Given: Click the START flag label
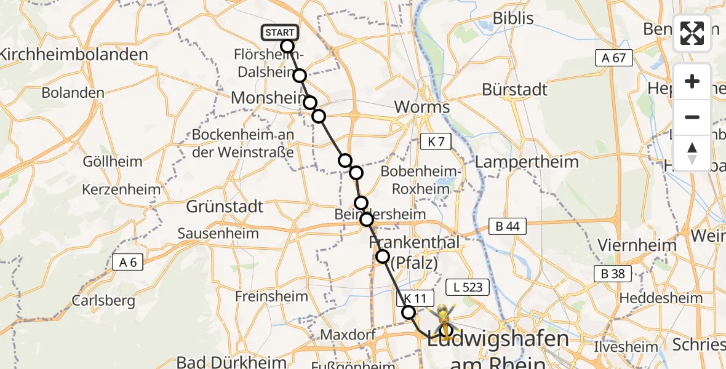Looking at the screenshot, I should point(281,33).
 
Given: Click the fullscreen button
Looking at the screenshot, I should point(692,33).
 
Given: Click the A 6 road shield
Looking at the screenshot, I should point(128,263).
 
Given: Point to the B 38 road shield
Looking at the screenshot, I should point(613,274).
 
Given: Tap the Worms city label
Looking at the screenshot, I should point(422,107).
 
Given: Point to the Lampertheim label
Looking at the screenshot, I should point(527,162).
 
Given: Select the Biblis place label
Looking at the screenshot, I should point(513,18).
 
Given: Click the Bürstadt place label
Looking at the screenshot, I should point(514,90).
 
